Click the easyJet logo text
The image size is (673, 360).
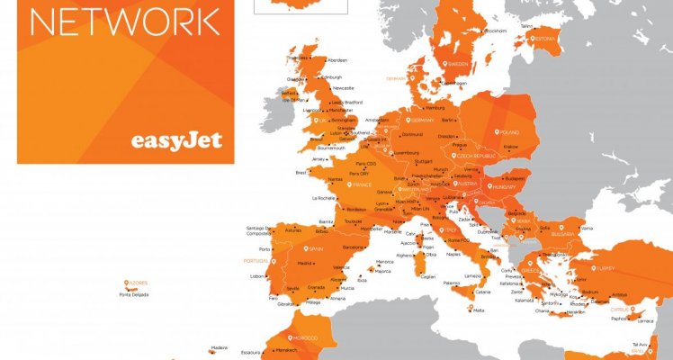pyautogui.click(x=176, y=141)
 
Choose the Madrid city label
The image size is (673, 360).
pyautogui.click(x=305, y=264)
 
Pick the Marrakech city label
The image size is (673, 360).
pyautogui.click(x=286, y=349)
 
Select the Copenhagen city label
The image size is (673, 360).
pyautogui.click(x=453, y=83)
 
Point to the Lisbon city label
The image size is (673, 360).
pyautogui.click(x=259, y=276)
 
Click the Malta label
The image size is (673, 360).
pyautogui.click(x=479, y=310)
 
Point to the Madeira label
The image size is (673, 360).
pyautogui.click(x=220, y=347)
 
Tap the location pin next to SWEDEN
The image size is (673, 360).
pyautogui.click(x=444, y=64)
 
